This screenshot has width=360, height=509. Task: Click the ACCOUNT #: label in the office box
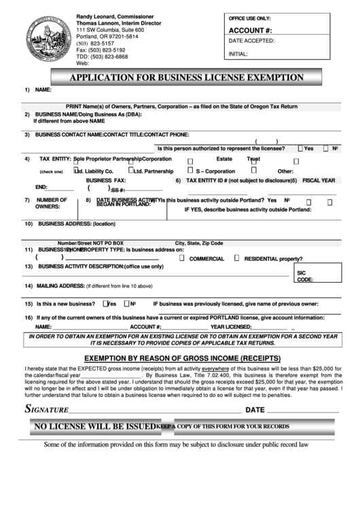250,31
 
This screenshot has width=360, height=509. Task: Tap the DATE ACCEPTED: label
251,41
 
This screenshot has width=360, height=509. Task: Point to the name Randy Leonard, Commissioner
114,16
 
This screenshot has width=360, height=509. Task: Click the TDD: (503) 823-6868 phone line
102,56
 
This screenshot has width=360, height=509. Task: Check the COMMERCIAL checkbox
181,258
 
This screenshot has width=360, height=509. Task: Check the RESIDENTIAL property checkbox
236,258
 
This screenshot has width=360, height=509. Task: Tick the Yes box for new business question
105,304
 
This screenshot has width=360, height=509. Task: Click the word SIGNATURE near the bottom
47,410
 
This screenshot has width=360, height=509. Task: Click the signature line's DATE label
254,410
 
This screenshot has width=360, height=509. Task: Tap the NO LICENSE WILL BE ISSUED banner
93,426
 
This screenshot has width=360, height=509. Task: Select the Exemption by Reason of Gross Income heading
181,357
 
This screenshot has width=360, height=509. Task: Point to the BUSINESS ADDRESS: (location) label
75,224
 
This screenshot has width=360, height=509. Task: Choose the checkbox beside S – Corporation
190,171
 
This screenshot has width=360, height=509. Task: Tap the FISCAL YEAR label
319,180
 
